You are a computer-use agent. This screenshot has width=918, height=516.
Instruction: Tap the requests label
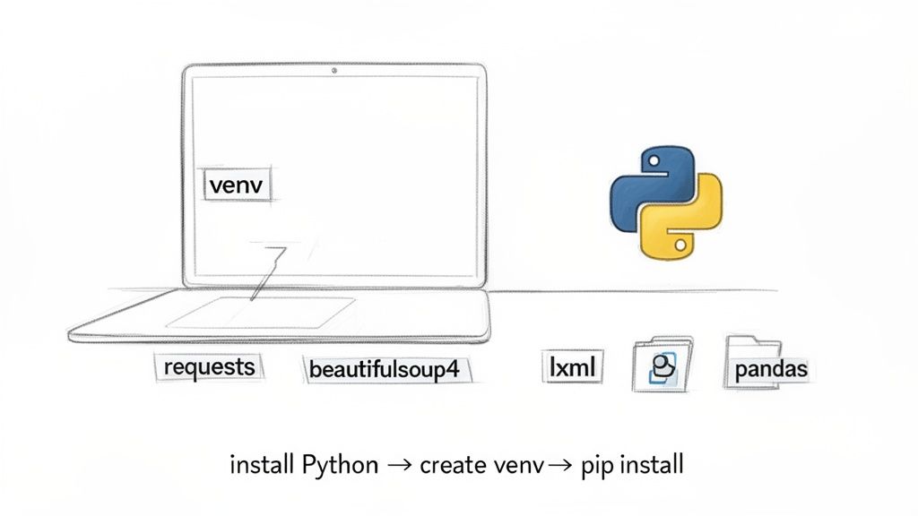[x=209, y=366]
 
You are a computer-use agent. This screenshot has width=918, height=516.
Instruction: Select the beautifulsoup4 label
[x=389, y=369]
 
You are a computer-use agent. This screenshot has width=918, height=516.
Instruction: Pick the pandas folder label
[x=771, y=369]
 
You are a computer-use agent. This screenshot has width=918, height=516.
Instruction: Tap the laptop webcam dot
[x=334, y=69]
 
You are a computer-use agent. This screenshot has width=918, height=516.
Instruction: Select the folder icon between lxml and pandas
[x=663, y=365]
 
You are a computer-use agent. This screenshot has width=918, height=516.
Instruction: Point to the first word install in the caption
[x=260, y=465]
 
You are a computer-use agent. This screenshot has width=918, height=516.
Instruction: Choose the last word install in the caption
[x=652, y=465]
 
